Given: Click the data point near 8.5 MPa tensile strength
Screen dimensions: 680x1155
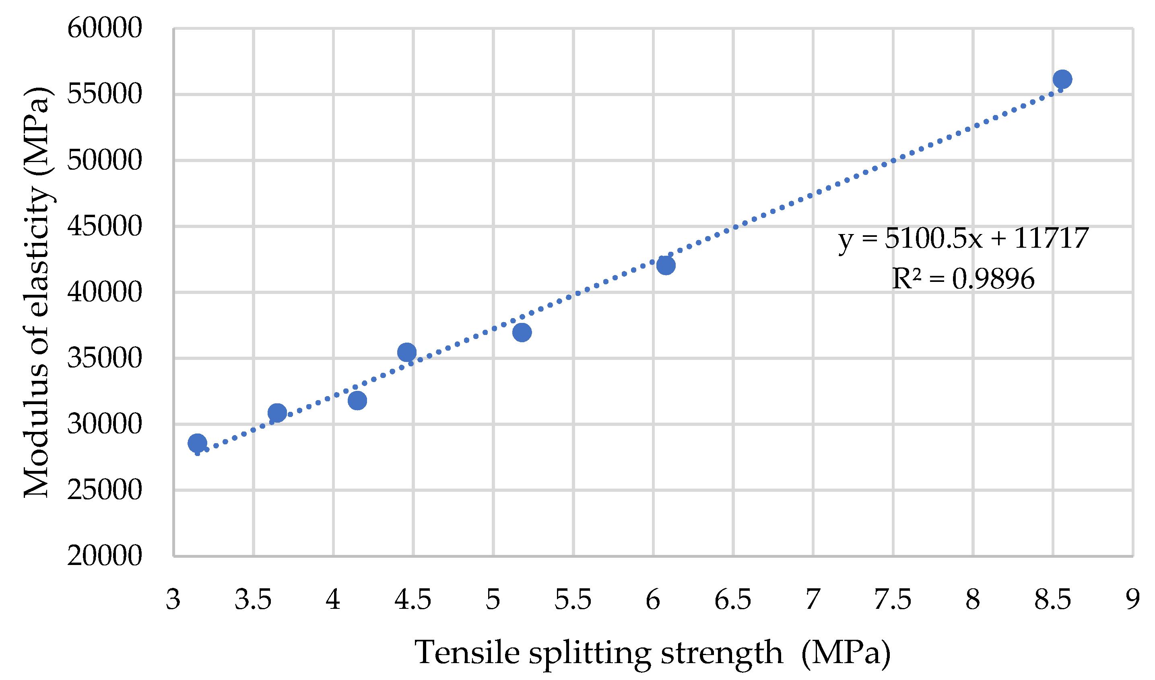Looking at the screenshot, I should coord(1062,79).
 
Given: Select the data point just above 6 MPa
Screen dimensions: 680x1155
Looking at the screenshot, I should coord(666,265).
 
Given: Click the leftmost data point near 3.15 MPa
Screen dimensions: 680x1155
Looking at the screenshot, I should coord(197,443).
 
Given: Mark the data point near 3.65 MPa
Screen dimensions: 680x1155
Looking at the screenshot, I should coord(277,413).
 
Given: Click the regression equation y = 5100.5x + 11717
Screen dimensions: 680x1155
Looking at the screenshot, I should coord(963,238).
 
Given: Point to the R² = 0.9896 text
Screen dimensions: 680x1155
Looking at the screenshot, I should coord(963,278).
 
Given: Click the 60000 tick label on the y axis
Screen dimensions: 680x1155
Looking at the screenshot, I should coord(105,28).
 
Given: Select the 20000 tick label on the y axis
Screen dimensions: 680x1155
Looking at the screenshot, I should coord(105,556).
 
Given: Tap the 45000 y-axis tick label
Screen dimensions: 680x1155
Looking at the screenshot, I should coord(105,226).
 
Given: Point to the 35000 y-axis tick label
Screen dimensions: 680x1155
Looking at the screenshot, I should coord(105,358).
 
